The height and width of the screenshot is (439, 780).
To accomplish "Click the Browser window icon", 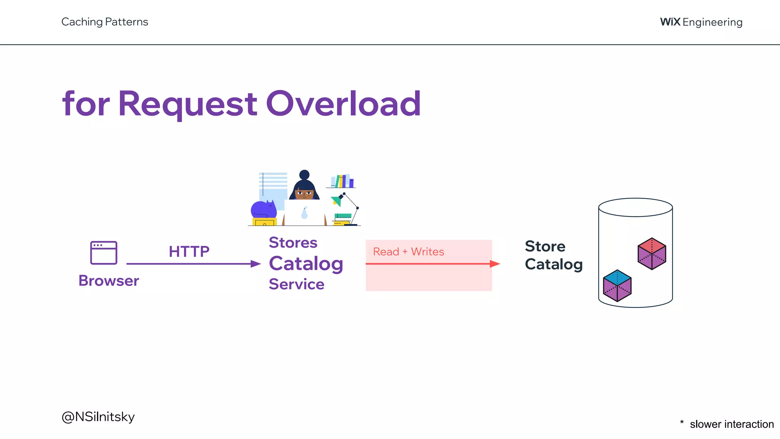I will pos(104,253).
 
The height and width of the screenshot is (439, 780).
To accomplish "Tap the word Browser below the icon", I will pos(109,281).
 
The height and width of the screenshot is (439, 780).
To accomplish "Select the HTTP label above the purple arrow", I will pos(189,252).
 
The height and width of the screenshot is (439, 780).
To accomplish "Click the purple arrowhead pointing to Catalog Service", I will pos(256,264).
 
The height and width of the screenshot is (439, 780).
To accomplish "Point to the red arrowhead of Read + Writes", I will pos(495,264).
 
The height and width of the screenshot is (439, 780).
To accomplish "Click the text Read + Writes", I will pos(408,252).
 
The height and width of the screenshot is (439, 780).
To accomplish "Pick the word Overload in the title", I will pos(343,104).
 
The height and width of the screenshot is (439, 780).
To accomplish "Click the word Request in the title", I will pos(187,104).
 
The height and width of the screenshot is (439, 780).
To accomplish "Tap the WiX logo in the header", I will pos(670,22).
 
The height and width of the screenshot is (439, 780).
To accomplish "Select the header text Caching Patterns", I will pos(105,22).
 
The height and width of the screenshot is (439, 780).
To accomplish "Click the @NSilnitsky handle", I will pos(98,417).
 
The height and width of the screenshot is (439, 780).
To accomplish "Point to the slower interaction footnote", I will pos(731,424).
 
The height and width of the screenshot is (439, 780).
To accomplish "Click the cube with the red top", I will pos(652,253).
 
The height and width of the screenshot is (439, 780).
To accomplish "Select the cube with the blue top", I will pos(617,285).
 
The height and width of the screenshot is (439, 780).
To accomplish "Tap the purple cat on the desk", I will pos(263,210).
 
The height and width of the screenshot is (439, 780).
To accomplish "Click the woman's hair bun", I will pos(304,175).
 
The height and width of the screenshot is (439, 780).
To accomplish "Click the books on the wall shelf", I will pos(342,181).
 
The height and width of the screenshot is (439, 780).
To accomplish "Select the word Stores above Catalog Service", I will pos(293,243).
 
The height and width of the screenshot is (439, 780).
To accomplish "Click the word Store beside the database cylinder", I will pos(545,247).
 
